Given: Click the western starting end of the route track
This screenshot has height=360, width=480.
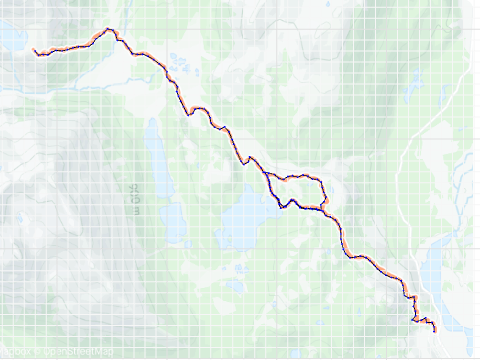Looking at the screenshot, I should [x=34, y=50].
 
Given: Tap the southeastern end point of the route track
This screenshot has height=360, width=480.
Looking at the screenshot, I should [x=434, y=331].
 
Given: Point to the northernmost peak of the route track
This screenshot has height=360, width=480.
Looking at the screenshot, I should [x=108, y=29].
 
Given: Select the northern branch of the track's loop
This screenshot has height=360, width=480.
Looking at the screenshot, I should [x=300, y=177].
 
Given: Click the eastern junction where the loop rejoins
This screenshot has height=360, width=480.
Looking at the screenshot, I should [x=325, y=204].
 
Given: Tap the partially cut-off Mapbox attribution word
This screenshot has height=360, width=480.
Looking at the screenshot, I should [x=14, y=351].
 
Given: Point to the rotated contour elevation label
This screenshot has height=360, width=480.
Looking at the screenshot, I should [x=136, y=197].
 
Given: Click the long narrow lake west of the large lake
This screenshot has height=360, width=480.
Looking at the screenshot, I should [x=158, y=160].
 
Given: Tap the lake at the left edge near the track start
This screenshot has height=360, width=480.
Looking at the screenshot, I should [x=10, y=38].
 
